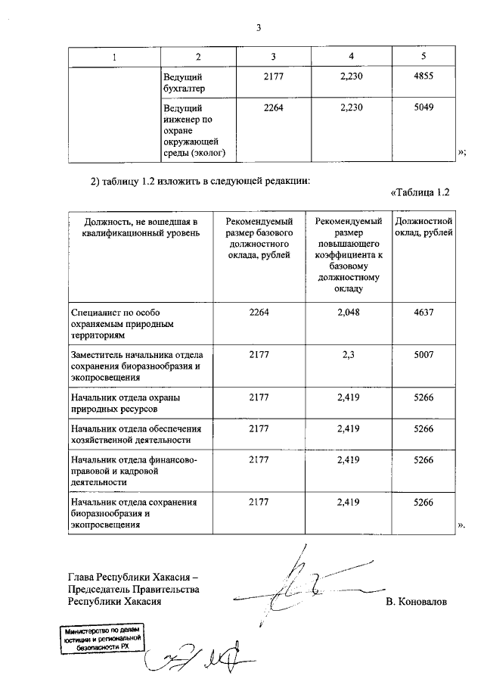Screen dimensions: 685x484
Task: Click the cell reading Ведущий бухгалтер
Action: (183, 83)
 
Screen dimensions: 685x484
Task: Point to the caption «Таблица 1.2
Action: (420, 192)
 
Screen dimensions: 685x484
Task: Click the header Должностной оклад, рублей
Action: (424, 227)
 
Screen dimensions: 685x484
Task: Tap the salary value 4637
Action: (424, 312)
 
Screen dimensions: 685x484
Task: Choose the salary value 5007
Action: (424, 355)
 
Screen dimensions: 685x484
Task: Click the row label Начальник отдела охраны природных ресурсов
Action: (127, 403)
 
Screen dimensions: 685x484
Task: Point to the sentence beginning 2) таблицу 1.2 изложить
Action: (200, 180)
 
